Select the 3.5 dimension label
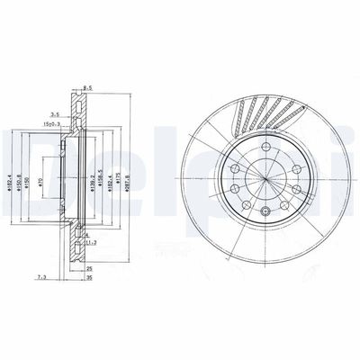coord(55,115)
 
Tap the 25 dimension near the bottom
coord(90,267)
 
